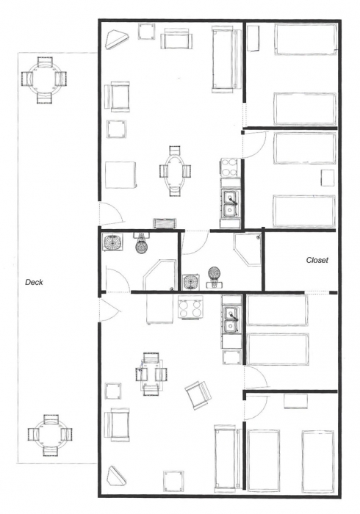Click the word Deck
[34, 282]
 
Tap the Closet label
[317, 260]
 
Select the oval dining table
[175, 170]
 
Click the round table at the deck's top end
[43, 80]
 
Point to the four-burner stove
[190, 308]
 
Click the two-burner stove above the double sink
[229, 168]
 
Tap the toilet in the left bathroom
[141, 242]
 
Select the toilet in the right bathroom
[215, 277]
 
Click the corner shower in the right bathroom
[248, 249]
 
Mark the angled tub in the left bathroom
[159, 275]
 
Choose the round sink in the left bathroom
[112, 242]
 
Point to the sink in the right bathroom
[192, 282]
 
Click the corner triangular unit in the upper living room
[118, 40]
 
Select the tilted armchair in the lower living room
[198, 395]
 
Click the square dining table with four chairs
[151, 374]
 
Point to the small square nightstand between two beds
[328, 178]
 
